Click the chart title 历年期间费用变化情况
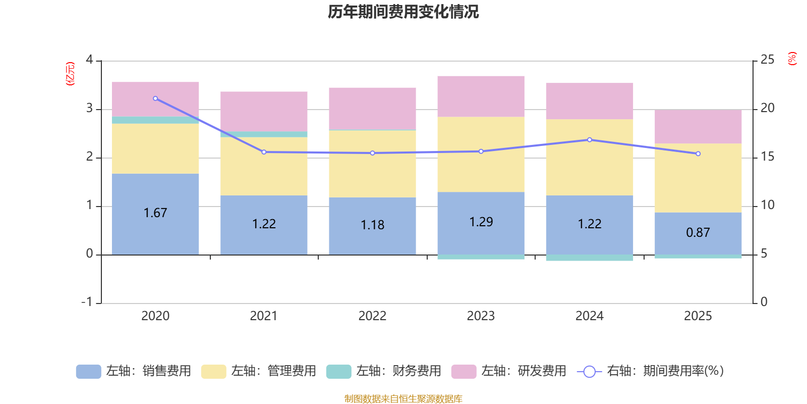point(403,12)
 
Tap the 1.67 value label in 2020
point(155,213)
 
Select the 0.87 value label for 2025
point(698,233)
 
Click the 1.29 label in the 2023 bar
point(481,222)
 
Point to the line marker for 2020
point(155,98)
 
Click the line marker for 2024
point(590,140)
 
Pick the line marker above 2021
point(264,152)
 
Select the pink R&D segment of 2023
point(481,96)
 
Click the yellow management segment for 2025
point(698,178)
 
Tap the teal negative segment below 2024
point(590,258)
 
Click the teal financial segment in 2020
point(155,120)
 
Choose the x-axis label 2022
point(372,316)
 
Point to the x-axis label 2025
point(698,316)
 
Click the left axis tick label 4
point(90,60)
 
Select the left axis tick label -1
point(87,302)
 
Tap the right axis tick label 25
point(767,60)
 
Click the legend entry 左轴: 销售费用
point(134,371)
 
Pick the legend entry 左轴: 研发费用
point(509,371)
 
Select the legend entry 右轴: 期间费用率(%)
point(651,371)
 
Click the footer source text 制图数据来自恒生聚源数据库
point(403,399)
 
